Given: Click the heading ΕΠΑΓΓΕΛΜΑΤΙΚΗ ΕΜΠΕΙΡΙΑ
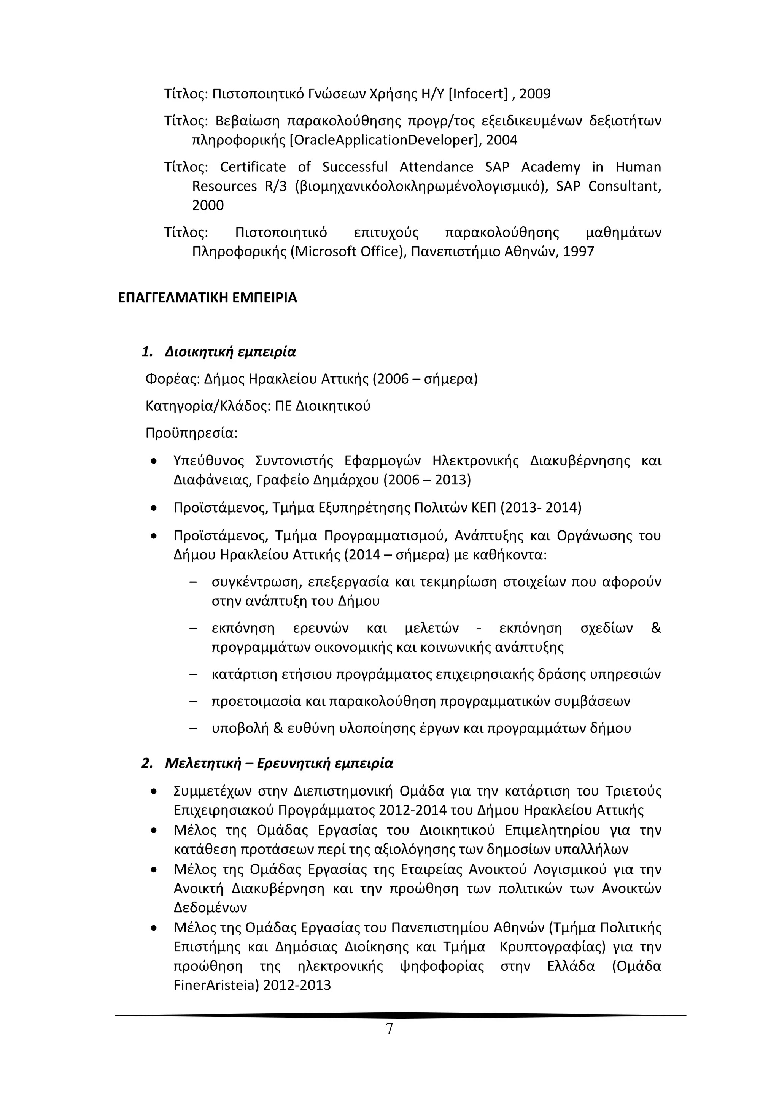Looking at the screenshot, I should point(207,298).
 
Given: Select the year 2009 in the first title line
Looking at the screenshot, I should point(535,94).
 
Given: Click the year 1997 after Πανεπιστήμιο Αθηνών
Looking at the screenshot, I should point(579,251).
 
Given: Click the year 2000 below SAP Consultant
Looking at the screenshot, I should point(208,205).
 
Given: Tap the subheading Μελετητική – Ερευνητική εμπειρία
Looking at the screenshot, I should point(278,763).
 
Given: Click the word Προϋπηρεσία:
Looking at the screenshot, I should point(191,433).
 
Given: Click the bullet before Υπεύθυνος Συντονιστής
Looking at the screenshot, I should point(153,461).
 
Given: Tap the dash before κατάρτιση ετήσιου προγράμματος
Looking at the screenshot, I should point(194,674).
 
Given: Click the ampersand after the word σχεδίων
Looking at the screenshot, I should point(656,628).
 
